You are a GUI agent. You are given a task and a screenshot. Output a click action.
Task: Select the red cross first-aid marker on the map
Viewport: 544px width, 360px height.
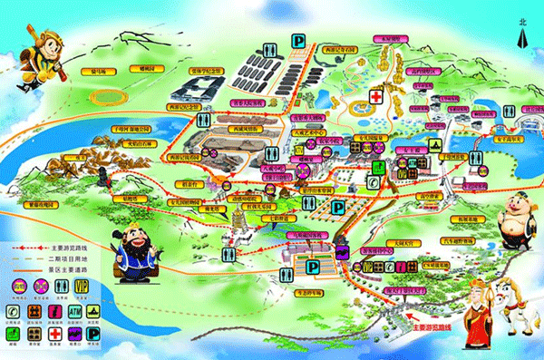pos(375,96)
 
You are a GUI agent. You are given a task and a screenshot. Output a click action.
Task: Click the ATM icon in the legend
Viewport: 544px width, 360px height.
pos(76,312)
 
